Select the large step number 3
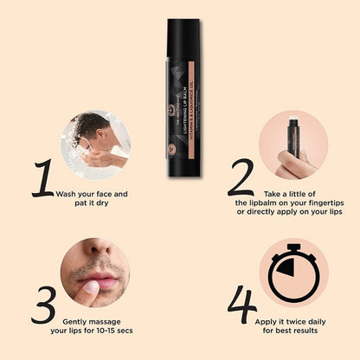(43, 305)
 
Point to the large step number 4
(242, 305)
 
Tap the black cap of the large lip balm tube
(183, 43)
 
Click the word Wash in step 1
(68, 194)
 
